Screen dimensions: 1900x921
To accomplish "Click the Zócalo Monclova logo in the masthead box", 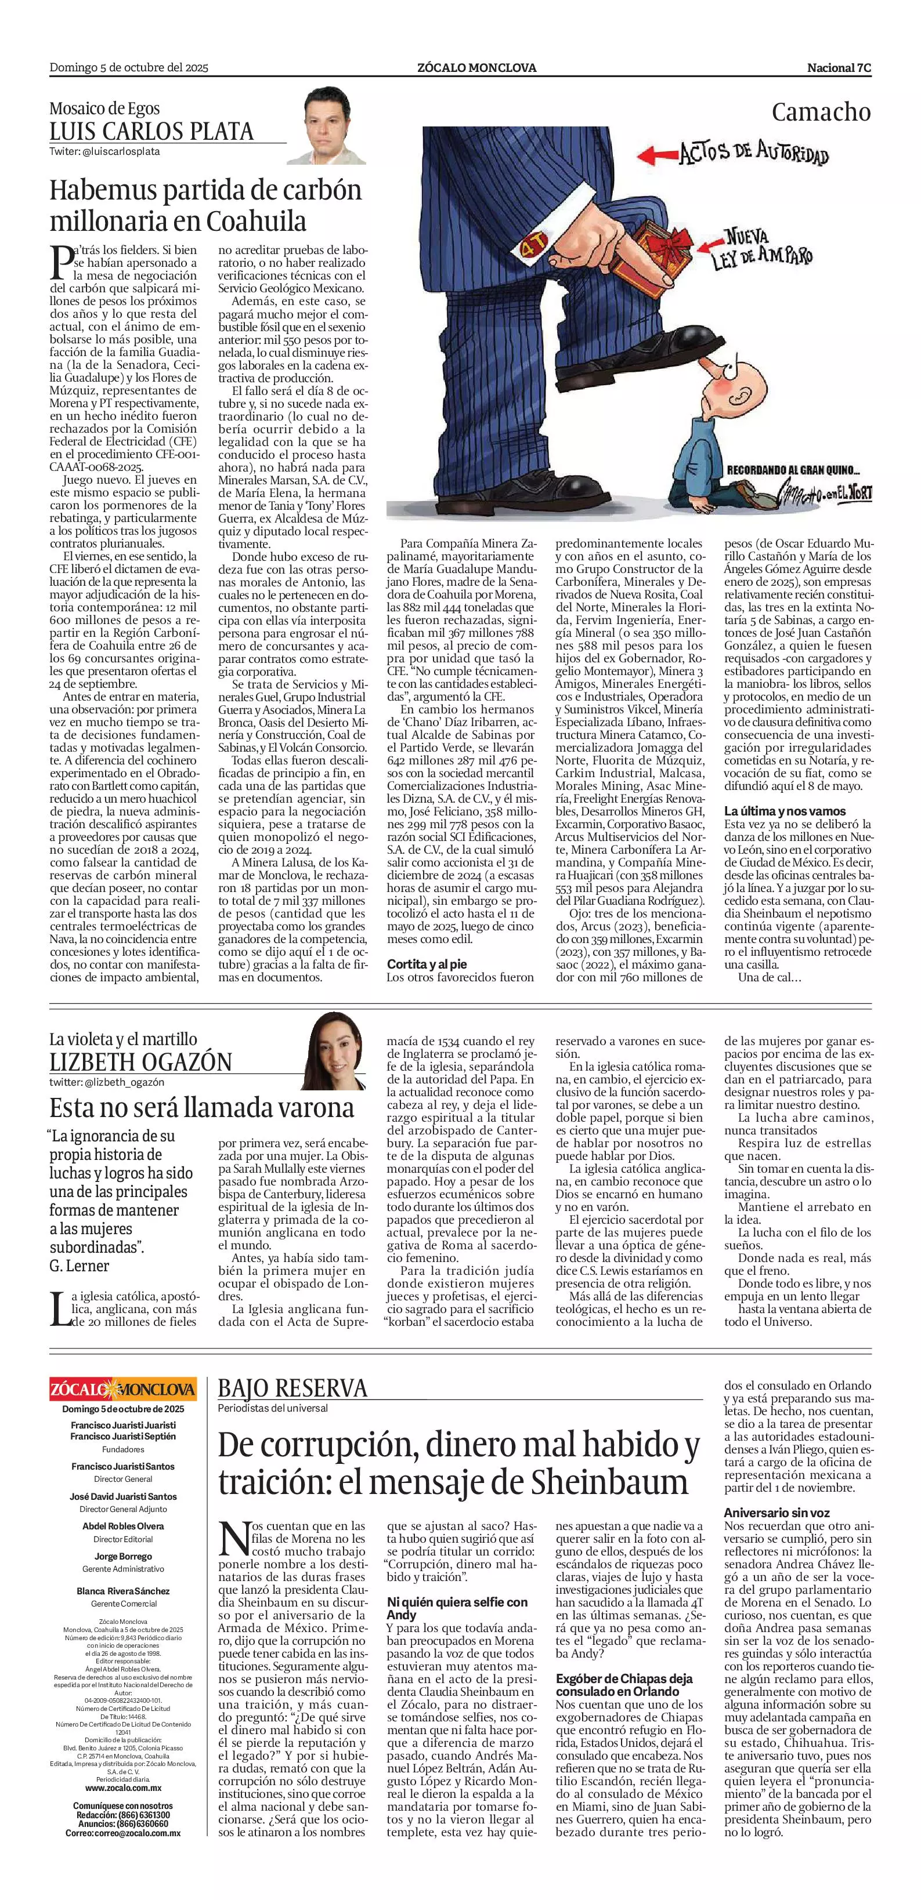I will [123, 1390].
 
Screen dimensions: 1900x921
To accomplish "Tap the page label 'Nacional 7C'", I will [839, 68].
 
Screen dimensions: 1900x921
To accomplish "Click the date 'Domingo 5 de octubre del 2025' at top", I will [129, 68].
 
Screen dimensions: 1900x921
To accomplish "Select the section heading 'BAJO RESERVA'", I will [292, 1389].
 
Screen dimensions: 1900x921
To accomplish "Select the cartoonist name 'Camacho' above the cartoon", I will [821, 112].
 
